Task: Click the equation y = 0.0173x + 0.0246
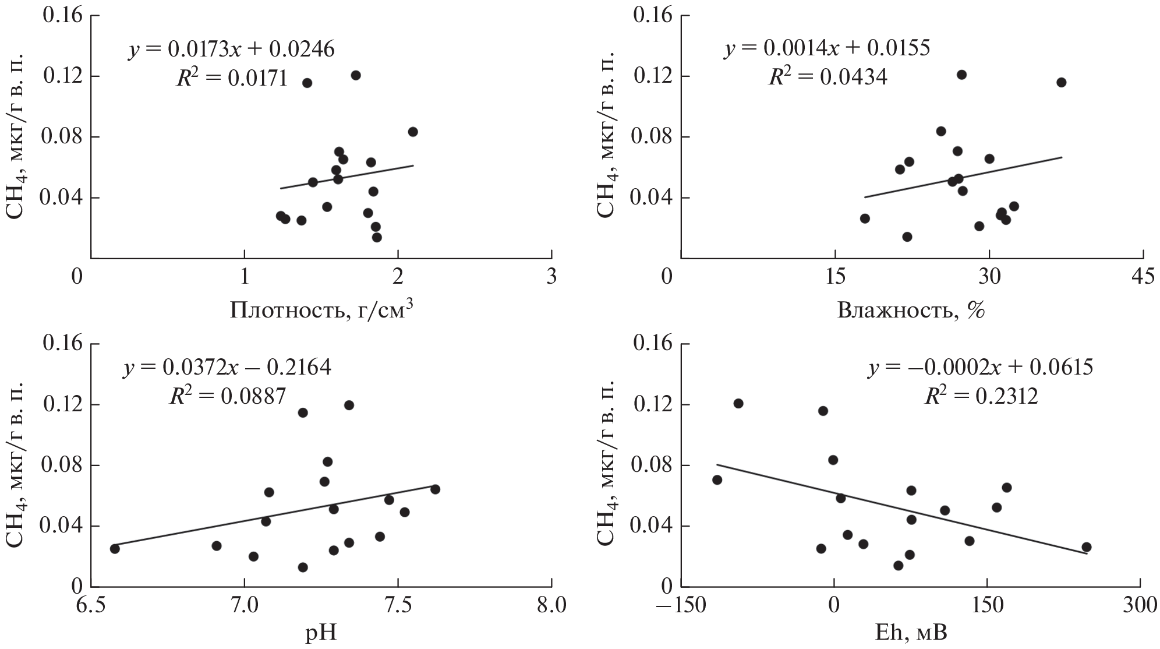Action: (x=231, y=50)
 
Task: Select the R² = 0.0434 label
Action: (x=827, y=77)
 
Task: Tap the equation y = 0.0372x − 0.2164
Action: (x=227, y=368)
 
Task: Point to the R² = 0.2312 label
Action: (x=981, y=396)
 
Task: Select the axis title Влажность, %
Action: (x=911, y=310)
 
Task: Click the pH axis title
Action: (x=321, y=633)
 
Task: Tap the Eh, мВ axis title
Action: (x=911, y=633)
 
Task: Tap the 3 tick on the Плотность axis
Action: (x=551, y=277)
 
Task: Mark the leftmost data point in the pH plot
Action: (x=115, y=548)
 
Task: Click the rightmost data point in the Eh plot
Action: (x=1086, y=547)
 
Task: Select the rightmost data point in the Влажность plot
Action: (x=1061, y=82)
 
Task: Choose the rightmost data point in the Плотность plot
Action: (x=413, y=132)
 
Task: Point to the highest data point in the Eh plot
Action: (x=738, y=403)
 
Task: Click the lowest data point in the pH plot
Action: (x=302, y=567)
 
